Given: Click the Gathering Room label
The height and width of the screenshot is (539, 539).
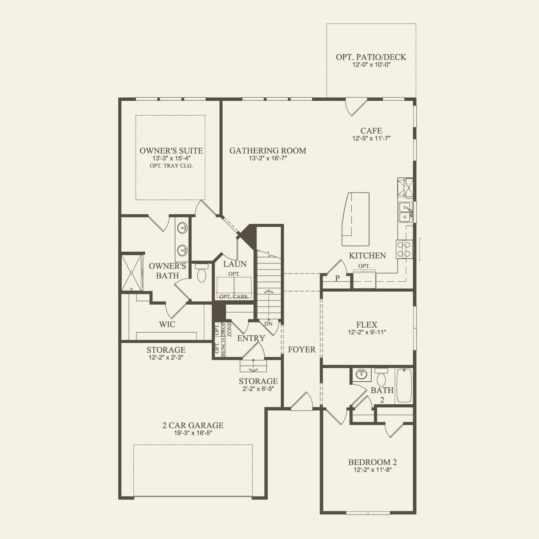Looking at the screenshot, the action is point(268,150).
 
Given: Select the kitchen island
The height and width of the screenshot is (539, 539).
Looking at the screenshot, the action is point(355,219).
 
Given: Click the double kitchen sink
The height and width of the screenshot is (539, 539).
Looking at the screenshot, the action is point(405,212).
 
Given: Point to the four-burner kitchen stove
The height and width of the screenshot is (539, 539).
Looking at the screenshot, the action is point(404,249).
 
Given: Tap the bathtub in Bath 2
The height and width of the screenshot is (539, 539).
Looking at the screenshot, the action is point(404,386).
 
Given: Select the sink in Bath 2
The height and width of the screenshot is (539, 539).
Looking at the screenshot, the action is point(361,374).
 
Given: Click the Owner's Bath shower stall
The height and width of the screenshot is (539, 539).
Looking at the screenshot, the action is point(132,273).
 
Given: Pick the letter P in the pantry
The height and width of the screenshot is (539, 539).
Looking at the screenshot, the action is point(338,278).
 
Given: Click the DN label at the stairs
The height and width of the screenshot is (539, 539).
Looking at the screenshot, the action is point(268,324).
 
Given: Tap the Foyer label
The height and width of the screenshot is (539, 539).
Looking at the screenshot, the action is point(302,349).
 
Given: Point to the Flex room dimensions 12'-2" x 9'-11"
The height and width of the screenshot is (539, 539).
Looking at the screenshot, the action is point(367,332).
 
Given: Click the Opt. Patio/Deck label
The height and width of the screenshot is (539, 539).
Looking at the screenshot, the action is point(371,57).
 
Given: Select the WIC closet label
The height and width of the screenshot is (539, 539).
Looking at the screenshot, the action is point(167,324).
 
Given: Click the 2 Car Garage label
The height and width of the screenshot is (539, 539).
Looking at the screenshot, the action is point(193,426).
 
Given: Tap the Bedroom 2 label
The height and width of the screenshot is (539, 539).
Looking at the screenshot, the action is point(372,462).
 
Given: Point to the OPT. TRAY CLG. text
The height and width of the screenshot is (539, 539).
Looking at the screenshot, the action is point(171,166).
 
